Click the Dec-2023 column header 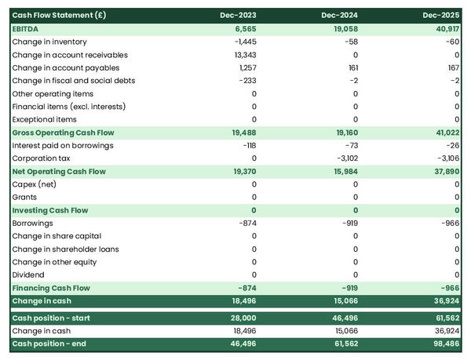pos(240,16)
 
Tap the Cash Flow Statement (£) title pos(60,16)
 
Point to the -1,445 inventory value pos(244,42)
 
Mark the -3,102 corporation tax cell pos(345,158)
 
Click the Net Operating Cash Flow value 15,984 pos(344,171)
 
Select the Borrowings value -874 pos(246,223)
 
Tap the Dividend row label pos(29,275)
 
